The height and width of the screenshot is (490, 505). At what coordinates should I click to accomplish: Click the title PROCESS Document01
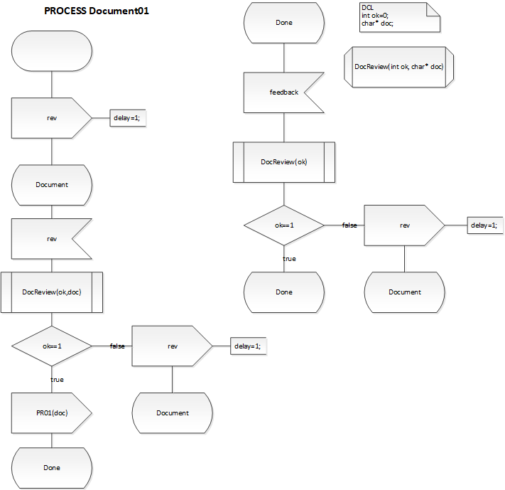97,11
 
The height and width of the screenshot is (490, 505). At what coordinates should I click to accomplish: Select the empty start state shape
52,52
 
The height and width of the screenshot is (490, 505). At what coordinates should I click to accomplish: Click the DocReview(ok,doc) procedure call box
52,292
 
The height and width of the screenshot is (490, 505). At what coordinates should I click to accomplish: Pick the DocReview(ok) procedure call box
283,162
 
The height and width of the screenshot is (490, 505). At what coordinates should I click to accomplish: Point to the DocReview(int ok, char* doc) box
398,67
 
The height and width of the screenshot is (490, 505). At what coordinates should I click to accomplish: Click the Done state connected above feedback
283,23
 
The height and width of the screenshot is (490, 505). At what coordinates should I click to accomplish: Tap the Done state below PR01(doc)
52,467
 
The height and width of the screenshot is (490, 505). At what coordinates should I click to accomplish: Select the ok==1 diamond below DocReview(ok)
283,225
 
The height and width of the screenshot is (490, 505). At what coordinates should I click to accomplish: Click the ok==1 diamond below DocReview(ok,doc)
52,346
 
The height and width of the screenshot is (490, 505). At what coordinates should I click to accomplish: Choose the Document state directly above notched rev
52,185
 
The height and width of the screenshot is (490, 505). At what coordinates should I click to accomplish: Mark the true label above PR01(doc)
57,379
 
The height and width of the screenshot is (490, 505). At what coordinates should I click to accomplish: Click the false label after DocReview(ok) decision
349,225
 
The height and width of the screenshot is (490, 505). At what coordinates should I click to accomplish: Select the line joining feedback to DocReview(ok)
283,127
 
